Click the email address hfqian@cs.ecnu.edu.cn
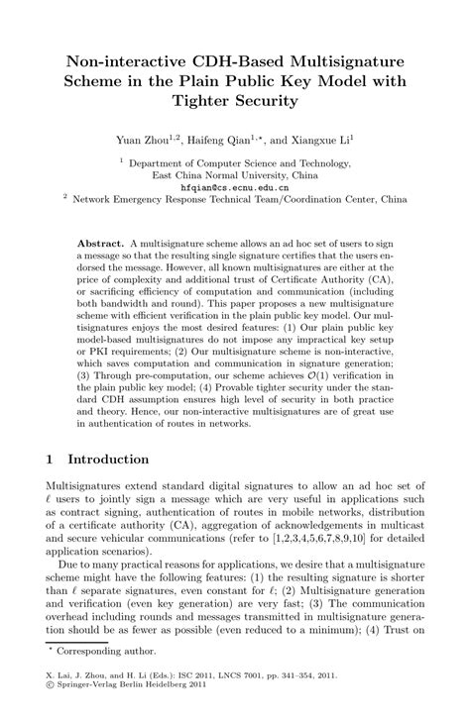coord(235,185)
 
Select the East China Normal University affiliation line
coord(235,173)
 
